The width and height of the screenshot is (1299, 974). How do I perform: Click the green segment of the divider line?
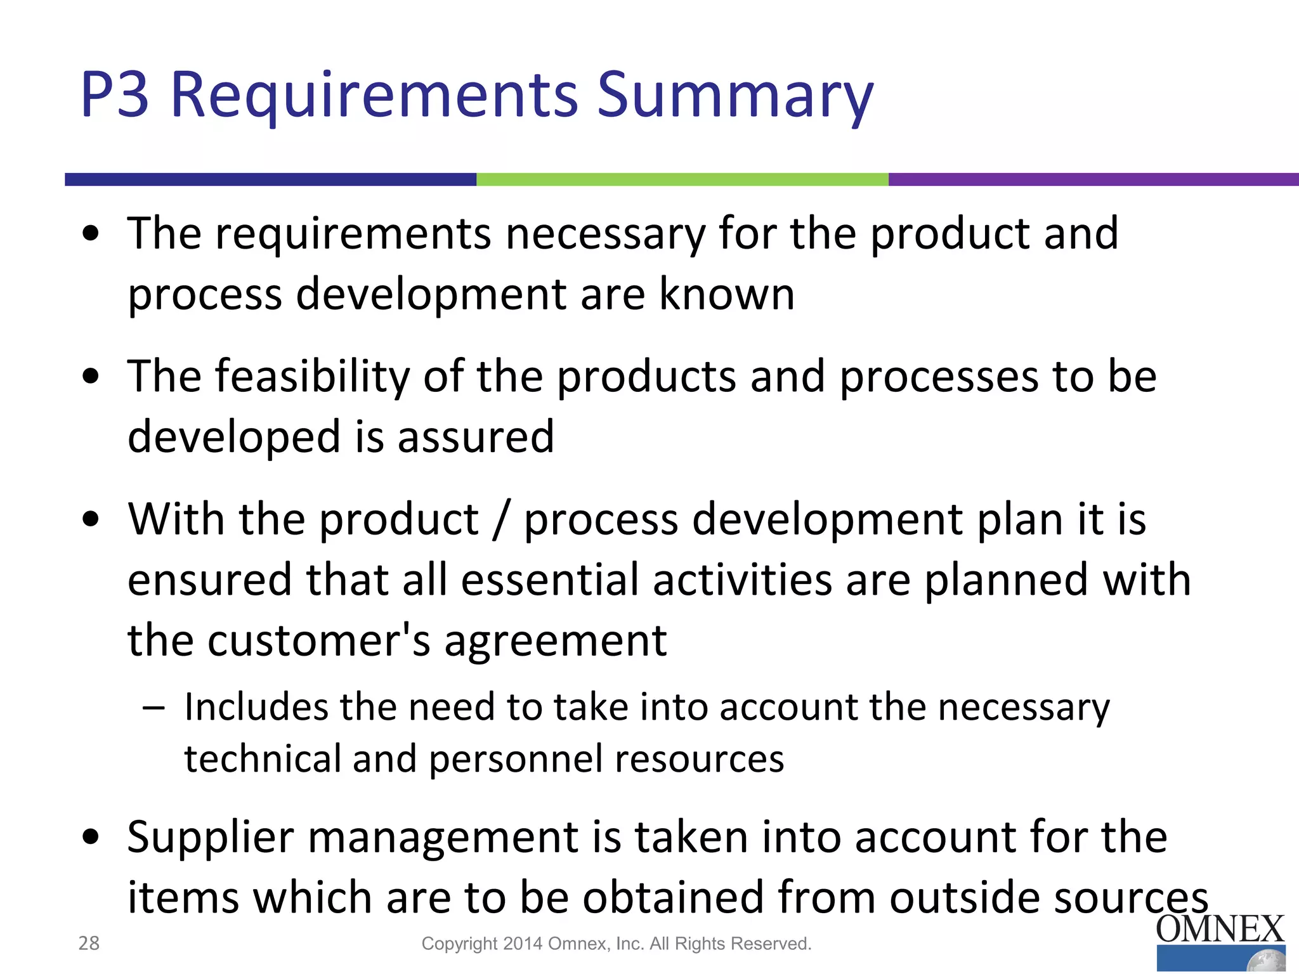click(x=682, y=179)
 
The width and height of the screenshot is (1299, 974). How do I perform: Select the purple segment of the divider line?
click(x=1093, y=179)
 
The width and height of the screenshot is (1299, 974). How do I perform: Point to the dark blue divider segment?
click(x=270, y=179)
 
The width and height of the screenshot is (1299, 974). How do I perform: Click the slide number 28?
click(x=89, y=943)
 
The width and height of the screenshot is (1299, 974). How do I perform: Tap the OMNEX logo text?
click(x=1219, y=930)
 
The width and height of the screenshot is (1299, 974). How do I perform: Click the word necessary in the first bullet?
click(x=605, y=233)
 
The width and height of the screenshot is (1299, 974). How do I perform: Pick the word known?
click(x=726, y=294)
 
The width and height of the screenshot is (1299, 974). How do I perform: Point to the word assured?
click(x=476, y=437)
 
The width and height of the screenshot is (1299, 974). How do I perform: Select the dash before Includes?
click(x=153, y=708)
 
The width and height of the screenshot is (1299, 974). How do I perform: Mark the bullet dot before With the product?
click(x=91, y=519)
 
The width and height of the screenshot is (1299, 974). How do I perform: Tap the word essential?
click(x=549, y=580)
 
